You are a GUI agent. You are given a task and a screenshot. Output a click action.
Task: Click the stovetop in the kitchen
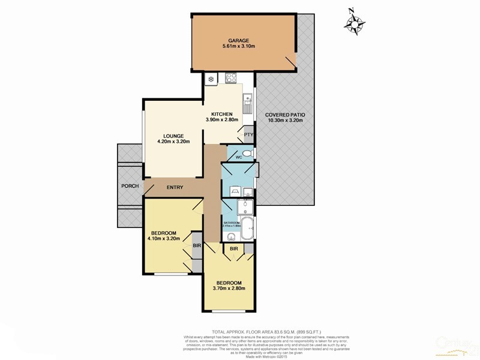click(x=230, y=78)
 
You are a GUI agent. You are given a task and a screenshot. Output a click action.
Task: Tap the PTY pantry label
click(x=247, y=135)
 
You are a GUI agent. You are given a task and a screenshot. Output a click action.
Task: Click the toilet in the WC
click(x=248, y=154)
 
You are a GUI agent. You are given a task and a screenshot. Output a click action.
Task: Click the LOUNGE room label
click(x=173, y=136)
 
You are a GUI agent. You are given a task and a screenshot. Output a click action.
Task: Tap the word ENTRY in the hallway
click(x=175, y=187)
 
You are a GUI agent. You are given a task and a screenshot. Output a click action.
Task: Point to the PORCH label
click(x=130, y=186)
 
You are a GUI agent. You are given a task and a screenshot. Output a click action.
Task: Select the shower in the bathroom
click(x=244, y=207)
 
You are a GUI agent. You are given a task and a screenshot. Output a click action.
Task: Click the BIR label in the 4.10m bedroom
click(x=196, y=246)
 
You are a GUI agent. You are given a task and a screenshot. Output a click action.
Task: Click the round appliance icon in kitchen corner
click(x=211, y=78)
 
